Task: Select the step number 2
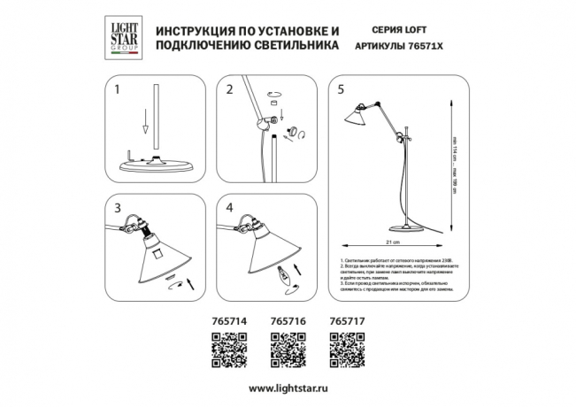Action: click(229, 88)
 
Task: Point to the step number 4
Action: click(229, 210)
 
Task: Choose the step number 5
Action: click(342, 88)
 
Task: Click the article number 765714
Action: click(228, 324)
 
